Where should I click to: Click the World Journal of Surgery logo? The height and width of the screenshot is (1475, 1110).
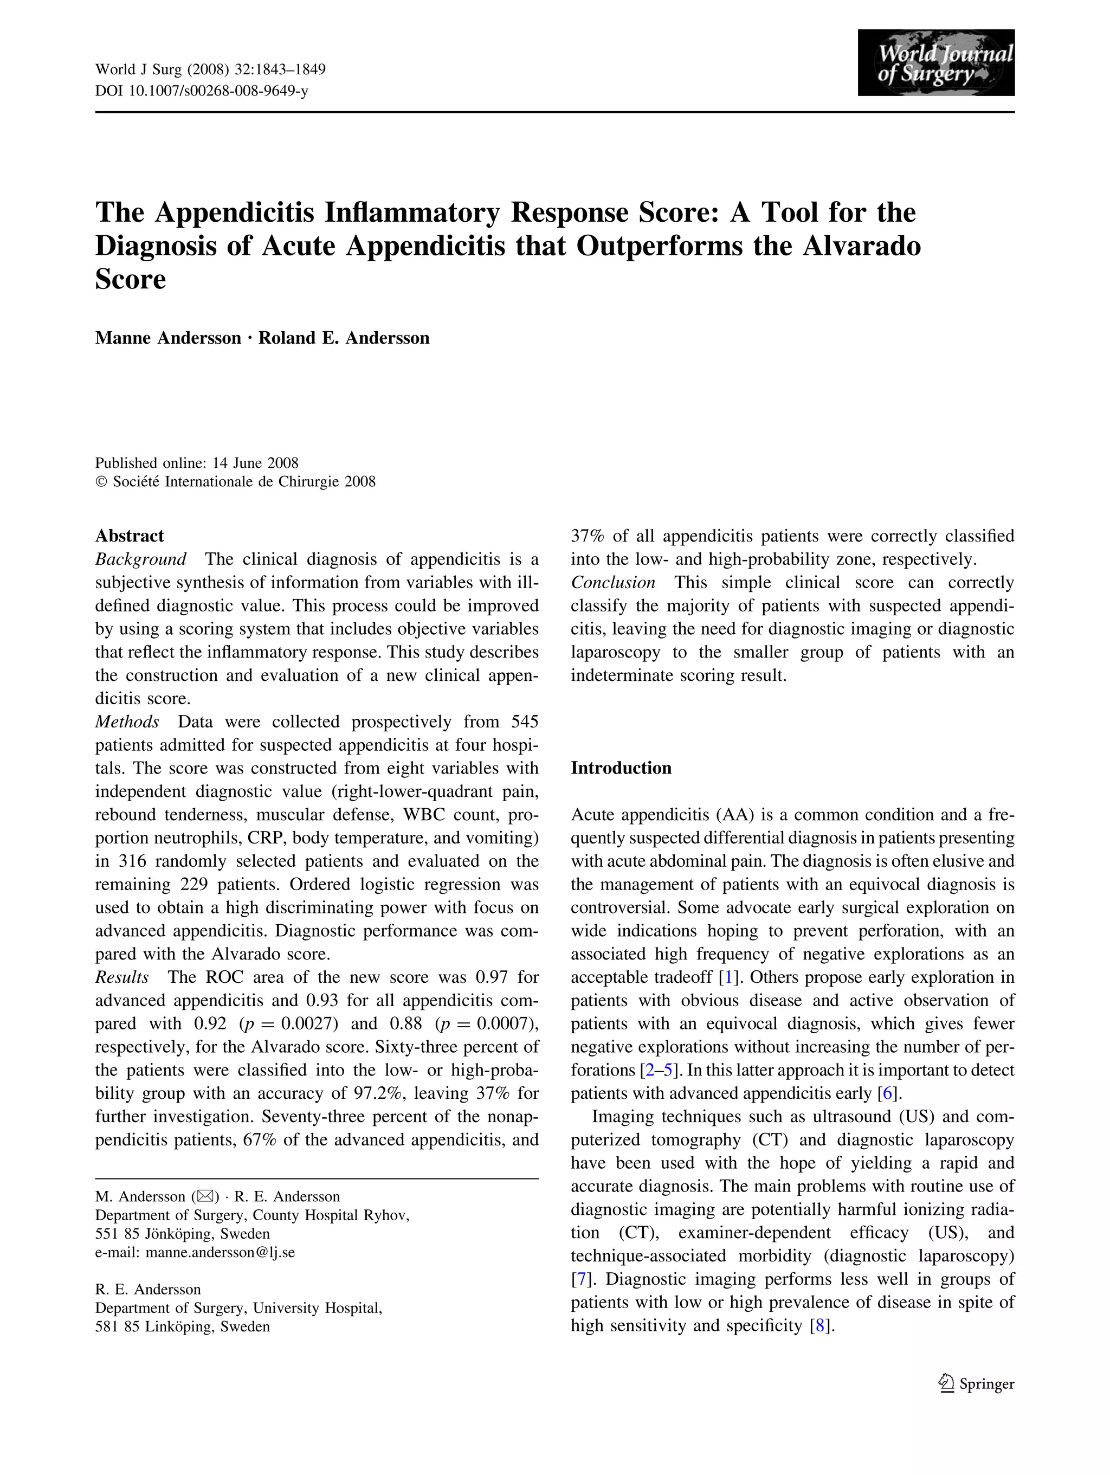coord(935,63)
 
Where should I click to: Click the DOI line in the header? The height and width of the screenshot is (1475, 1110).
coord(201,91)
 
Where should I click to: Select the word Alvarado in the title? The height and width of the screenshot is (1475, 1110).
coord(861,246)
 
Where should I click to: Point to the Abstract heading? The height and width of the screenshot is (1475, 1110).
coord(130,536)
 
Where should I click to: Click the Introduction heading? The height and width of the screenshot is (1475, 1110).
coord(621,768)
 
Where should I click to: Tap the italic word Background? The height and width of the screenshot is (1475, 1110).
coord(141,559)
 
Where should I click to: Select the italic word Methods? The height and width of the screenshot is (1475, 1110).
coord(127,722)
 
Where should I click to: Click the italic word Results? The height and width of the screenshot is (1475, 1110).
coord(122,977)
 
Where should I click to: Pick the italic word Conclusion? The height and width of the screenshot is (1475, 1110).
coord(612,583)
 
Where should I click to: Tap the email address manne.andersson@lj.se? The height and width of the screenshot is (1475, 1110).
coord(220,1252)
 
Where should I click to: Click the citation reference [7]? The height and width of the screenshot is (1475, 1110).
coord(580,1280)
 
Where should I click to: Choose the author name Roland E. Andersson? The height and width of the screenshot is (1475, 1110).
coord(344,338)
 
